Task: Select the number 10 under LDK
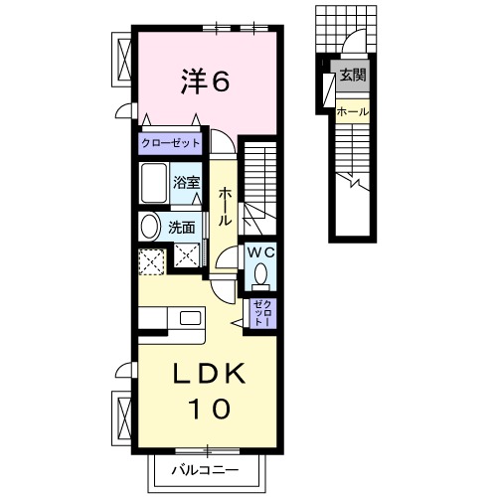207,408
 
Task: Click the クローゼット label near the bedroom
170,144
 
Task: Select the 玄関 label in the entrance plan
352,75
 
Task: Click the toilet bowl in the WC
261,273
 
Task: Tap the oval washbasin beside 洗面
149,226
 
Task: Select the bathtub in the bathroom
155,184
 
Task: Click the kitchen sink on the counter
186,318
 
